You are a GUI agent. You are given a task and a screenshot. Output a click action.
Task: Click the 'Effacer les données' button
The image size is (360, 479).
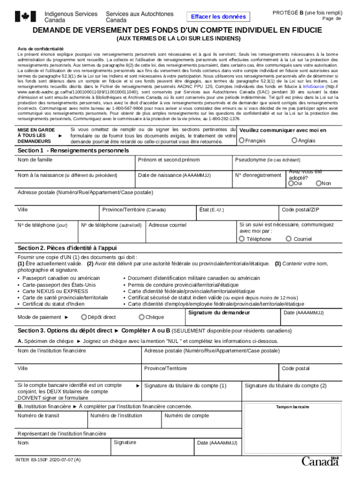coord(218,17)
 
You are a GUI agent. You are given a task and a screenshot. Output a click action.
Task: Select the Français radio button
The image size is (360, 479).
coord(242,140)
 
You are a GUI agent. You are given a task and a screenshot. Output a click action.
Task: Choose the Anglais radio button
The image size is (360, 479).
coord(294,140)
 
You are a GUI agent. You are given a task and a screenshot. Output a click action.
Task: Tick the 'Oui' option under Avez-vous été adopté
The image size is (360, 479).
coord(291,183)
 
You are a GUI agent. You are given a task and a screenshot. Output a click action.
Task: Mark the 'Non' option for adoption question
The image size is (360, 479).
coord(319,183)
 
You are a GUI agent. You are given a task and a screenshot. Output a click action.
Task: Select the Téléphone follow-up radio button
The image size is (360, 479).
coord(242,239)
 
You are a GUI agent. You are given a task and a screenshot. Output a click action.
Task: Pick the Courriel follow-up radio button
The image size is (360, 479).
coord(288,239)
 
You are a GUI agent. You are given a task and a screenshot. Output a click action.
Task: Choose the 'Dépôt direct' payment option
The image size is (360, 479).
coord(83,317)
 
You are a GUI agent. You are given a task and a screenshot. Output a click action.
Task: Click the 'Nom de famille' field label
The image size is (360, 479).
coord(35,160)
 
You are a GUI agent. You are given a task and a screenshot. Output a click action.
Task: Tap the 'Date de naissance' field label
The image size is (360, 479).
coord(174,175)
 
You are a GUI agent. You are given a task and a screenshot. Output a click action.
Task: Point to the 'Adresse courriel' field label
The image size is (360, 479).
coord(167,225)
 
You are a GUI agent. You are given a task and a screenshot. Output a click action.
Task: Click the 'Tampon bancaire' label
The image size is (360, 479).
coord(292,407)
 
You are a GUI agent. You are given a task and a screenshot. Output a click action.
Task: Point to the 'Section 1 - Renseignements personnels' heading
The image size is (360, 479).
coord(73,151)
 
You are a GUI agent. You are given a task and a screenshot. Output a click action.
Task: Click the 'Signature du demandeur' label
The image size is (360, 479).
coord(219,312)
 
